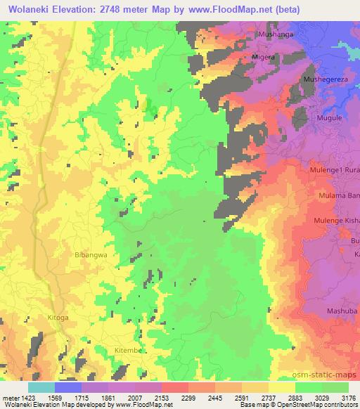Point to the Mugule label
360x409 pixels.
[x=330, y=118]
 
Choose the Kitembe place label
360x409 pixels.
[x=129, y=349]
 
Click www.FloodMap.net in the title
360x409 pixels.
[x=219, y=9]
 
